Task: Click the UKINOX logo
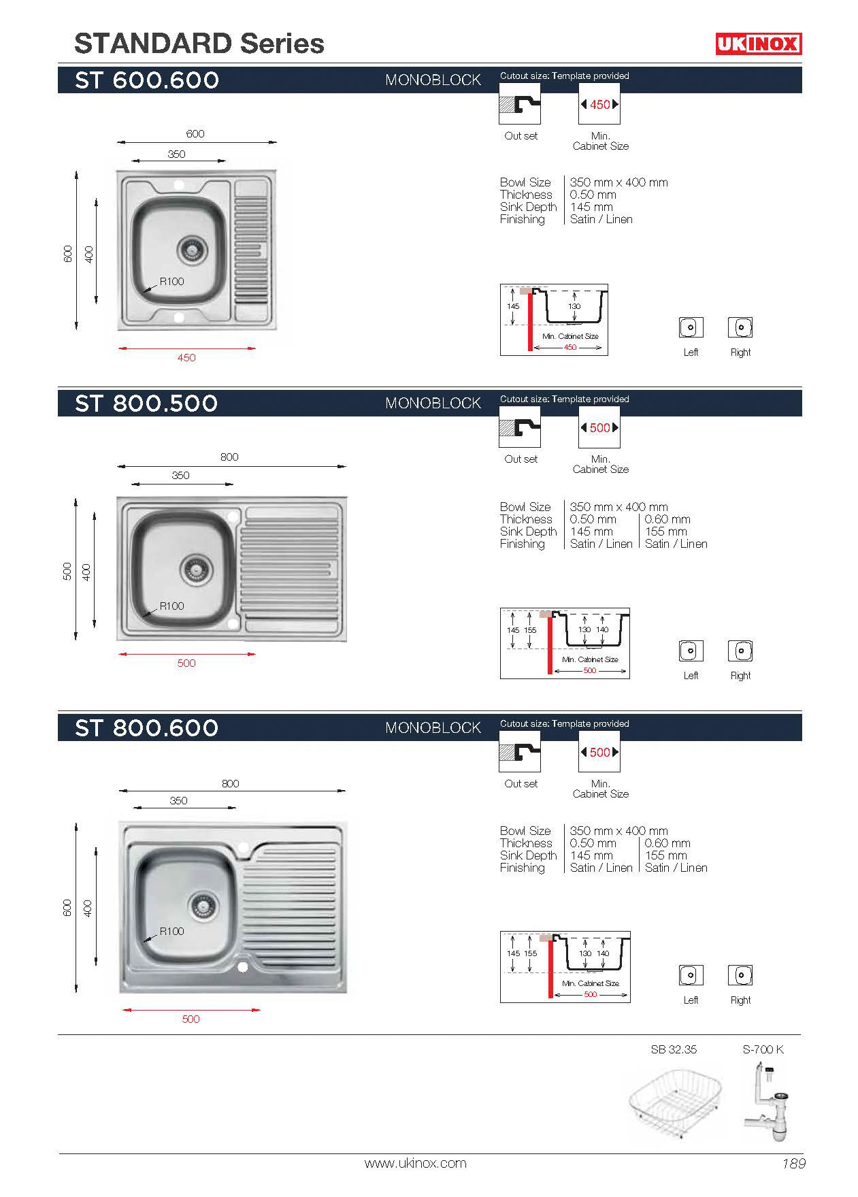[758, 44]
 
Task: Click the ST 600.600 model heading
[147, 80]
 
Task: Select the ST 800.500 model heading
[146, 404]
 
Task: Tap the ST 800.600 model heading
[146, 728]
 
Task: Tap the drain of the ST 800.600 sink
[203, 904]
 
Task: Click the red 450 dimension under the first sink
[186, 357]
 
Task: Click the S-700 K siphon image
[768, 1103]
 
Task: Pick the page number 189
[793, 1163]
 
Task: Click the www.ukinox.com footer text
[415, 1163]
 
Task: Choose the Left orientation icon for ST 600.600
[691, 327]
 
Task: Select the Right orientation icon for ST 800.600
[740, 975]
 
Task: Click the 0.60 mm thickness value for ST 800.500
[667, 519]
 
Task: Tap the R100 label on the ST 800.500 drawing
[171, 606]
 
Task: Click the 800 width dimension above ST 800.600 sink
[230, 783]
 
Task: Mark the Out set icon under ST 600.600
[520, 104]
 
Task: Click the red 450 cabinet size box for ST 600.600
[599, 104]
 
